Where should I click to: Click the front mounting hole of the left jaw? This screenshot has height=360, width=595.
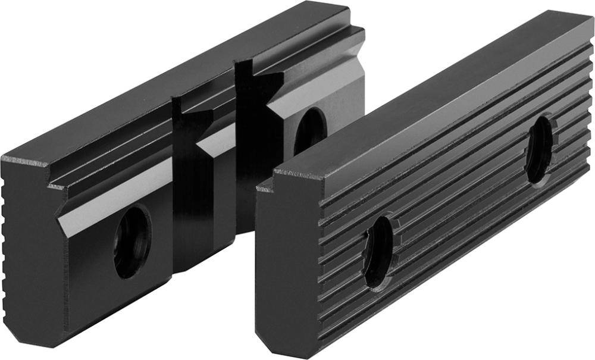pyautogui.click(x=132, y=241)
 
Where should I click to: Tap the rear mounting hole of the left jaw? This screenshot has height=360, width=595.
pyautogui.click(x=310, y=130)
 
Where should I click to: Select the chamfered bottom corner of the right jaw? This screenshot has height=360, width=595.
pyautogui.click(x=265, y=339)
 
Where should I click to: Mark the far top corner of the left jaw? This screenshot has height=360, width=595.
pyautogui.click(x=345, y=7)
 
